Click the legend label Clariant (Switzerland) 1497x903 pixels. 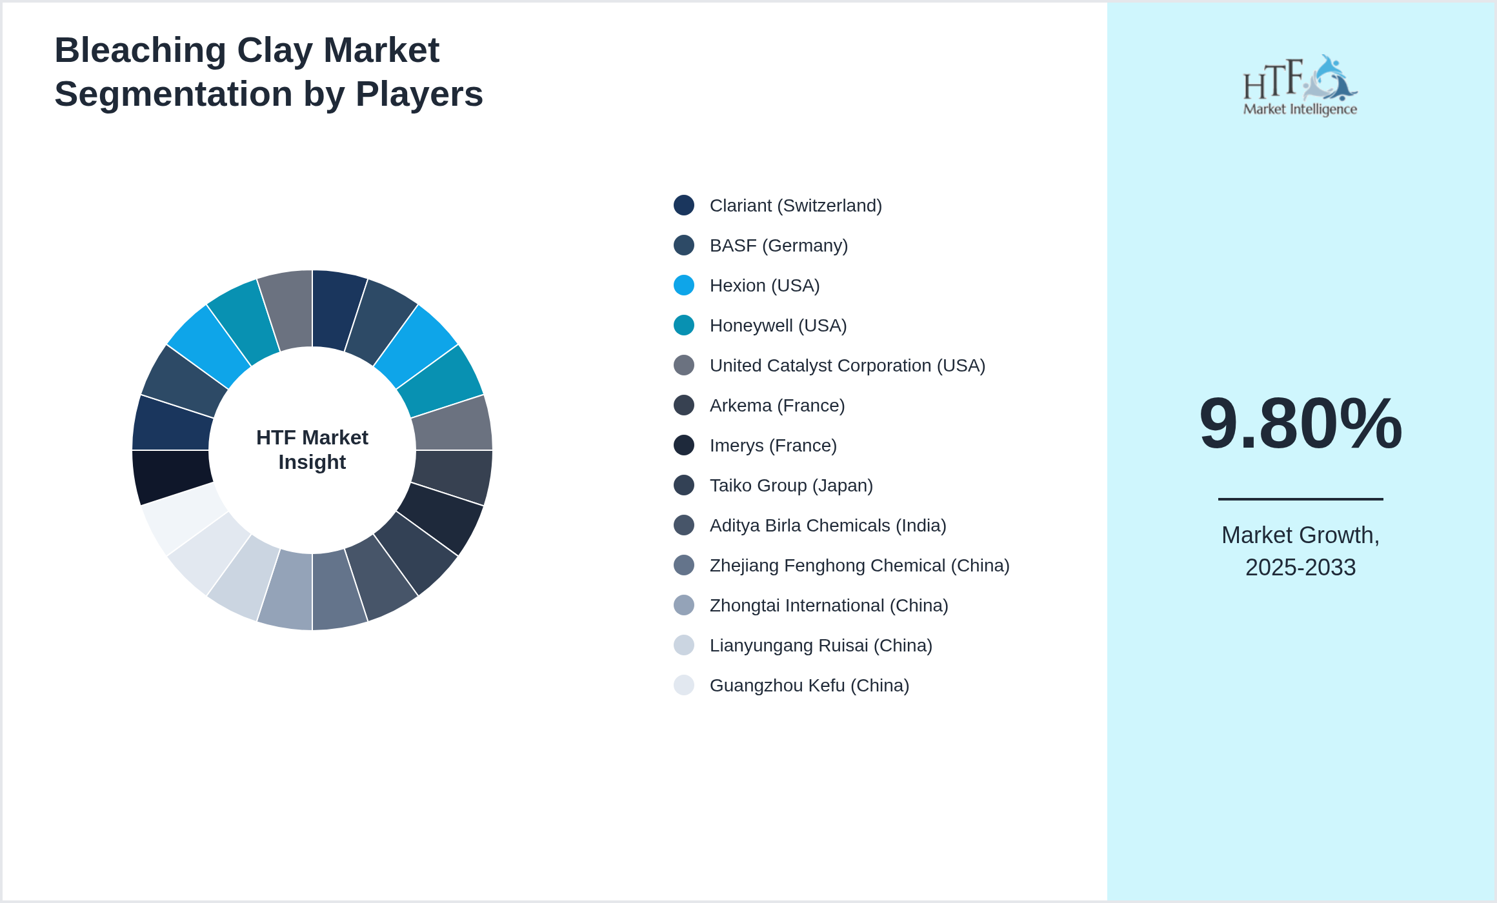tap(795, 206)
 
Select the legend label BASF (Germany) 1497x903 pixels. tap(778, 246)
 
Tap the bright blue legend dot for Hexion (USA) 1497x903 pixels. tap(684, 285)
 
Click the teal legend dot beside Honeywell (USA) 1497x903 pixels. tap(684, 325)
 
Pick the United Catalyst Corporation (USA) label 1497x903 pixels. tap(847, 366)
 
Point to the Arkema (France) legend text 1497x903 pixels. tap(777, 406)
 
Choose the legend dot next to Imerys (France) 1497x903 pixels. tap(684, 445)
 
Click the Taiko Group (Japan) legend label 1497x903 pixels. tap(791, 486)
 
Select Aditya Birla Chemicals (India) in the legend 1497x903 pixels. tap(827, 526)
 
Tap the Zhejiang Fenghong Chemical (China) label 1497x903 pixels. tap(859, 566)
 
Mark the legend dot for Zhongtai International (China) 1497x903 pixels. tap(684, 605)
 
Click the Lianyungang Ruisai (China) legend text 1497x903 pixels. tap(821, 646)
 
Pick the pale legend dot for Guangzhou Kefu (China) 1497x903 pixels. tap(684, 685)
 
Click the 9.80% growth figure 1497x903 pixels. tap(1300, 424)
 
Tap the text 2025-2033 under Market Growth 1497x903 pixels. tap(1300, 568)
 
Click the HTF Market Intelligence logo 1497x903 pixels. tap(1300, 85)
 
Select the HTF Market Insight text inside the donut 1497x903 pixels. tap(312, 450)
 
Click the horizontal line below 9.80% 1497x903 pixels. tap(1300, 499)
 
